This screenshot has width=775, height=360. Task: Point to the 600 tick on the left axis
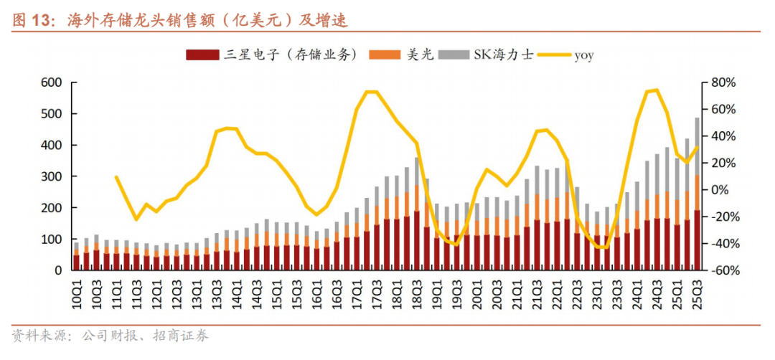click(52, 82)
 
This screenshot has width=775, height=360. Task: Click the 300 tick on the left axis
click(52, 176)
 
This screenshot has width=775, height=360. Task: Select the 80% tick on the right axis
click(723, 82)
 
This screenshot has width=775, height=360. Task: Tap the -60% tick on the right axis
click(723, 270)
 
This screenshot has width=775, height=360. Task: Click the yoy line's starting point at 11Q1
click(116, 176)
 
